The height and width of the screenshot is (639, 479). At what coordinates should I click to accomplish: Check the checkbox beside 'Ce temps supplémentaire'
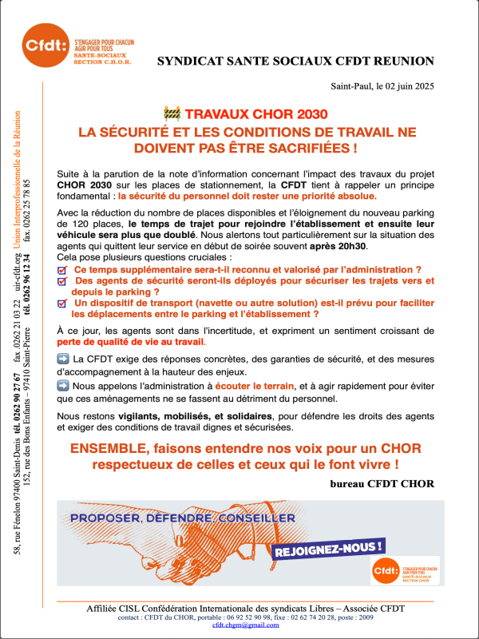(63, 271)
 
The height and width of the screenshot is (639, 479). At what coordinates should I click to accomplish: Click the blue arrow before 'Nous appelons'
(65, 385)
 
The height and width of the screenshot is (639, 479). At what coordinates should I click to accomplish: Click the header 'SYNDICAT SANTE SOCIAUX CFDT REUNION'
(295, 61)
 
